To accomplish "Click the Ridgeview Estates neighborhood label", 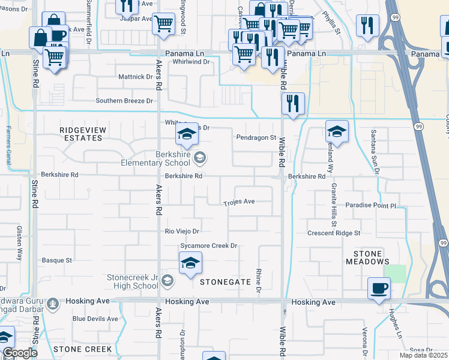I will pyautogui.click(x=80, y=133).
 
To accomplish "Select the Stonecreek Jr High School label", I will pyautogui.click(x=133, y=282).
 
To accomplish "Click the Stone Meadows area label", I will pyautogui.click(x=367, y=257).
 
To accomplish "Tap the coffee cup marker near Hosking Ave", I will pyautogui.click(x=379, y=289).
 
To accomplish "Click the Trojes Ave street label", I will pyautogui.click(x=240, y=202).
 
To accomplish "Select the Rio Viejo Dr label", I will pyautogui.click(x=182, y=231).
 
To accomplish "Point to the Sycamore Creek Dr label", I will pyautogui.click(x=209, y=246).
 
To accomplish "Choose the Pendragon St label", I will pyautogui.click(x=255, y=137).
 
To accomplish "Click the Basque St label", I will pyautogui.click(x=56, y=260).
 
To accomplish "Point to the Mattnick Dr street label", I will pyautogui.click(x=135, y=77).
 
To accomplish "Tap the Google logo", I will pyautogui.click(x=20, y=353).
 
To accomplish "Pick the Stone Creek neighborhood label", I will pyautogui.click(x=82, y=349).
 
